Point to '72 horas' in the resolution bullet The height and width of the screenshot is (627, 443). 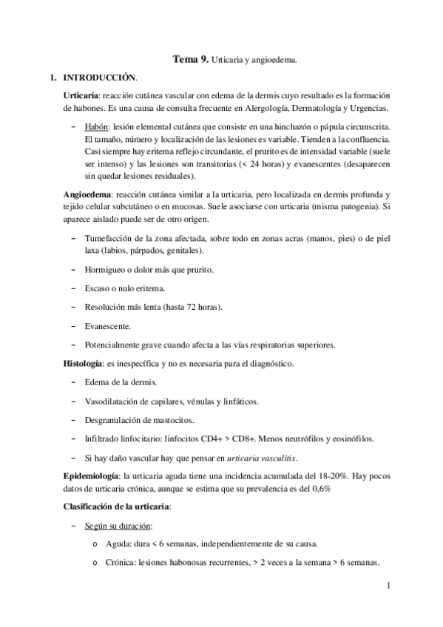click(x=193, y=307)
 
